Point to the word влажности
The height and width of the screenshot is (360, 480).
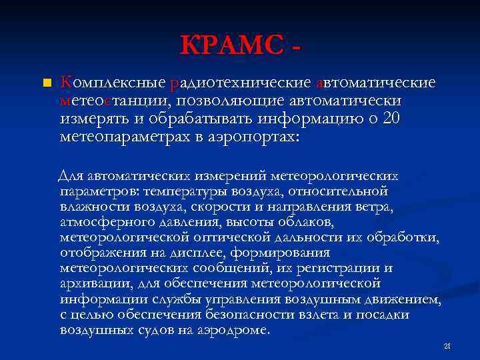click(91, 207)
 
